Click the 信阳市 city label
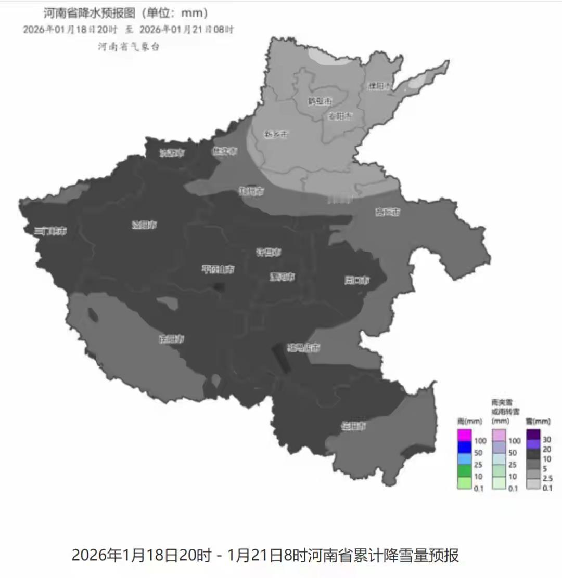(353, 426)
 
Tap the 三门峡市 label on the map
(50, 231)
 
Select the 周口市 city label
(357, 280)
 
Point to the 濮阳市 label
(379, 86)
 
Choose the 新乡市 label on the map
(276, 134)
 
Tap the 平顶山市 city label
(218, 269)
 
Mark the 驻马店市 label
(304, 348)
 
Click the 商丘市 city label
(388, 212)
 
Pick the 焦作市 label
(224, 151)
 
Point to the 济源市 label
(172, 153)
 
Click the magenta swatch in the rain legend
(464, 435)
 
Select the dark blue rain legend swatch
(464, 446)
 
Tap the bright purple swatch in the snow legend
(533, 444)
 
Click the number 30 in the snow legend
(547, 439)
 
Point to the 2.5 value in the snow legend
(547, 478)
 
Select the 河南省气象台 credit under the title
(129, 47)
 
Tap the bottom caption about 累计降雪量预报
(265, 555)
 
